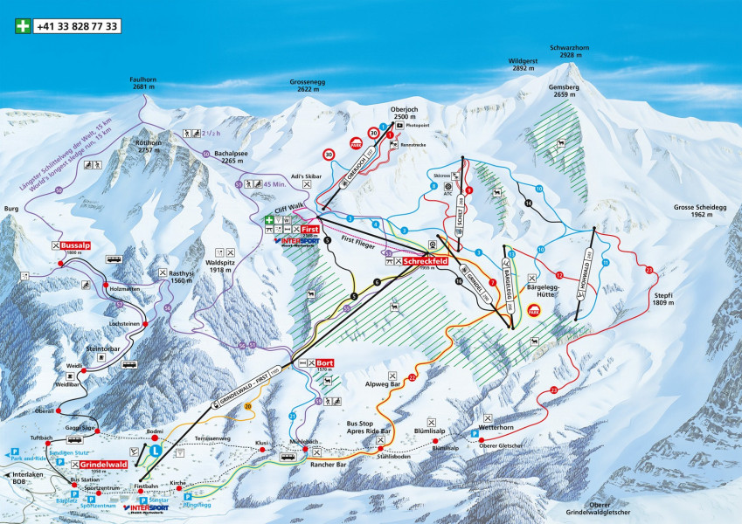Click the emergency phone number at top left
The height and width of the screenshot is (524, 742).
[x=77, y=27]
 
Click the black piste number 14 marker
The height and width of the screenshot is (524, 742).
[x=528, y=203]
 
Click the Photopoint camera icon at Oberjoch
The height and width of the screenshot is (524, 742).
[x=398, y=125]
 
